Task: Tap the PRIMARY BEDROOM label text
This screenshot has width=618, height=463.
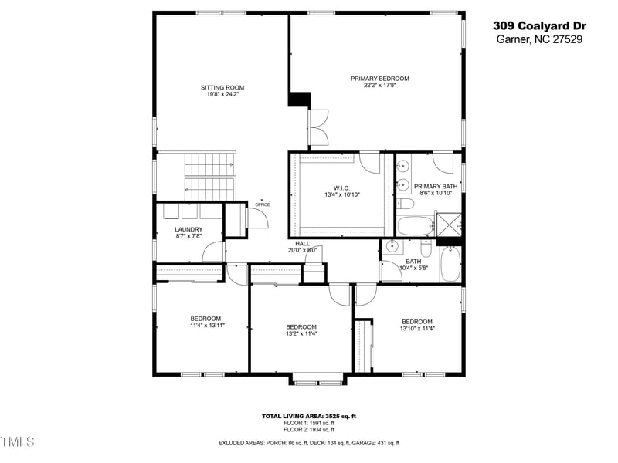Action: pos(379,79)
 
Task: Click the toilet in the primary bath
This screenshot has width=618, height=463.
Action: pos(406,204)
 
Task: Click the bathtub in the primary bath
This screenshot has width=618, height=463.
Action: pos(416,225)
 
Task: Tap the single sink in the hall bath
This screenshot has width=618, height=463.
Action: pos(392,247)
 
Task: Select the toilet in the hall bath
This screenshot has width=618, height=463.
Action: pos(426,248)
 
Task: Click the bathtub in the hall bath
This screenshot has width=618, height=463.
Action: pos(450,264)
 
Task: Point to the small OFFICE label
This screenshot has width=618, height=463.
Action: pos(263,204)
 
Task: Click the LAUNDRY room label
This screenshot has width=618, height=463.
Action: pos(188,229)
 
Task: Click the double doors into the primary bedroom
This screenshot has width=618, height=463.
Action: pos(317,127)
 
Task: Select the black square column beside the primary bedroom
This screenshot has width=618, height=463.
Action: pos(299,100)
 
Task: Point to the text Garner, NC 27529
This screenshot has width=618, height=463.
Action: pos(538,39)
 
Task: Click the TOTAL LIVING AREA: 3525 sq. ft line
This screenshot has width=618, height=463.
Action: pos(308,416)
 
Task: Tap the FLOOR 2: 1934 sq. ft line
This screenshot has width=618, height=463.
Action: pos(308,429)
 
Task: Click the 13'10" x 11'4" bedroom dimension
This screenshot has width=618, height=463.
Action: pos(417,328)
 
